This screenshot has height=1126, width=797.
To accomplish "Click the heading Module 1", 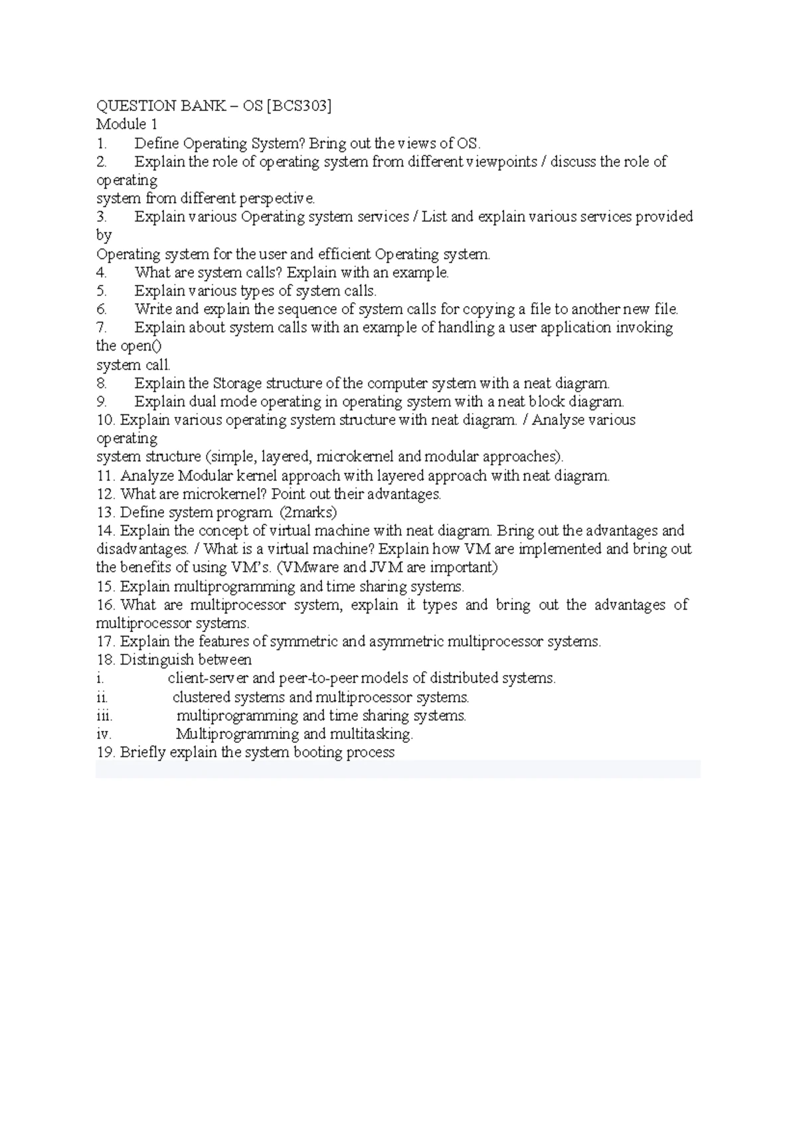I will (127, 124).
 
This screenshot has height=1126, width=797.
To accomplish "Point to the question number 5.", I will (101, 291).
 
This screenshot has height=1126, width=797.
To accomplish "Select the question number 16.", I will (106, 605).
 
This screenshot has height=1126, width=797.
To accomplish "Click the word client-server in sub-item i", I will (208, 679).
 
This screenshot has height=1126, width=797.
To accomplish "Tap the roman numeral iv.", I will (104, 734).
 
